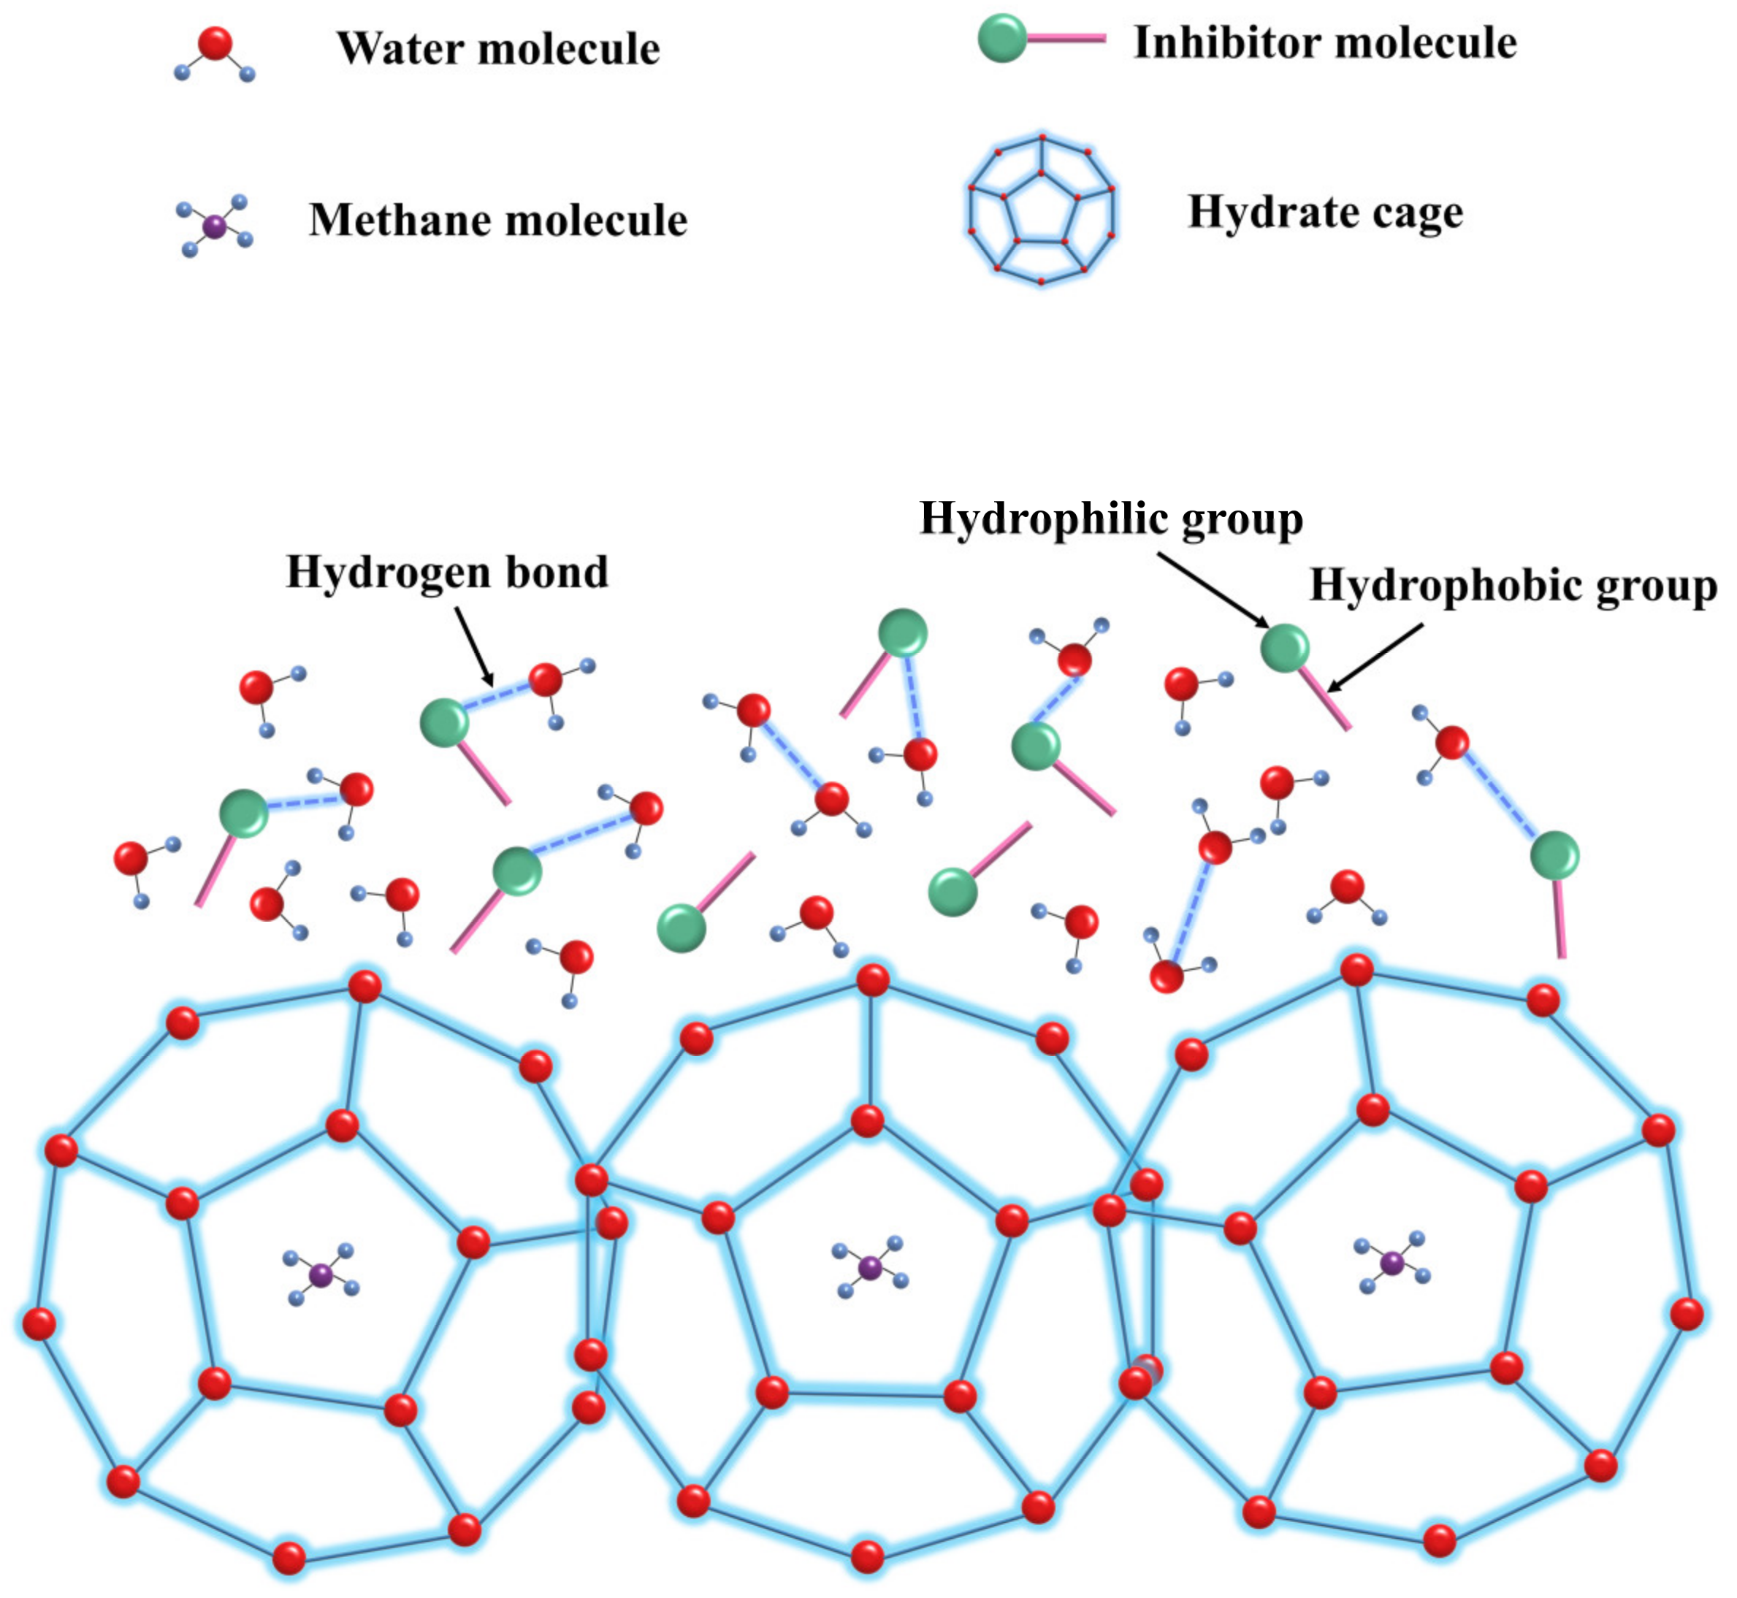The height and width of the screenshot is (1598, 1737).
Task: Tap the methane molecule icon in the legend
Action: (215, 226)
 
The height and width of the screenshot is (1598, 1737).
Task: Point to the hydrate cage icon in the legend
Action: (1041, 210)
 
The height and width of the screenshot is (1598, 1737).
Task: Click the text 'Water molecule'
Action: (498, 48)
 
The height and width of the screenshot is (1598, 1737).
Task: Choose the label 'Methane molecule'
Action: (498, 220)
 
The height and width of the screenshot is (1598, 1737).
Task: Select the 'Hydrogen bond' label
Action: (447, 572)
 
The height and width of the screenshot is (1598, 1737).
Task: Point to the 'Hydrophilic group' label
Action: (1111, 519)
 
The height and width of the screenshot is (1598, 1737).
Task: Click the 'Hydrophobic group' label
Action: (1513, 586)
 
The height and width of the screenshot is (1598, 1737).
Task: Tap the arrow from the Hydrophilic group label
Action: (1210, 588)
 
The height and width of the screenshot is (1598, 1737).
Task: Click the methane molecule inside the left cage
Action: (321, 1274)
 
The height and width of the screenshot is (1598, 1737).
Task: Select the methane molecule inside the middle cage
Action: (869, 1269)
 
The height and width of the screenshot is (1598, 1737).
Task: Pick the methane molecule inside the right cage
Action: (1391, 1264)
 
